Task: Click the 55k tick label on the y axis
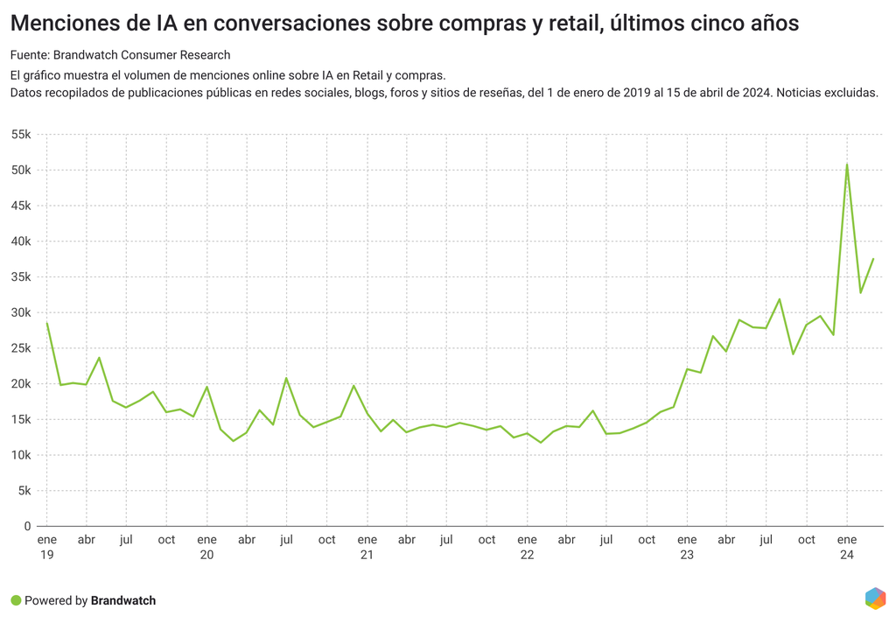point(20,135)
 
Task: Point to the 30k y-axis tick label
point(20,312)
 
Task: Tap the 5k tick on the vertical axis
point(24,491)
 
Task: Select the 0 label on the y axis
point(28,526)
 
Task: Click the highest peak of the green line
point(847,164)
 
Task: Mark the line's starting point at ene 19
point(46,322)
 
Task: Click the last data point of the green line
point(873,258)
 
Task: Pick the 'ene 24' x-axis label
point(847,547)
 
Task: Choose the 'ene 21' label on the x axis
point(367,547)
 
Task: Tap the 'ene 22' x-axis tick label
point(527,547)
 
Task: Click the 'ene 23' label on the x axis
point(687,547)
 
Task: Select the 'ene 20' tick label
point(206,547)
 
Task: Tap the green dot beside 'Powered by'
point(16,600)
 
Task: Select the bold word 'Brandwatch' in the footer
point(123,600)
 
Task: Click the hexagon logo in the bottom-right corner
point(875,598)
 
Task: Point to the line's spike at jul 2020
point(286,378)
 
